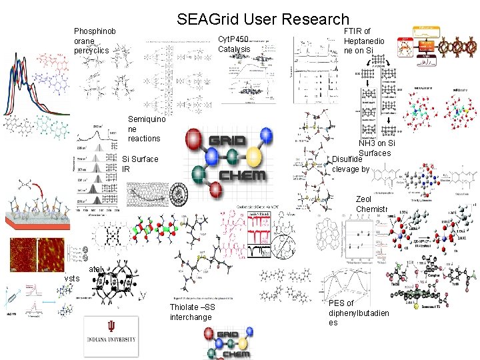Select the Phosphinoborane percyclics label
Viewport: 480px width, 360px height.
tap(95, 41)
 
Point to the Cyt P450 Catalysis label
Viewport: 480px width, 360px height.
tap(234, 44)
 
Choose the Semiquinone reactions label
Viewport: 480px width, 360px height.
tap(144, 129)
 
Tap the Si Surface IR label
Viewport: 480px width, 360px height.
tap(140, 164)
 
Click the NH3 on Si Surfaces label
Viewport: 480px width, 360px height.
tap(377, 148)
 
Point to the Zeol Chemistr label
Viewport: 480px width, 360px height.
tap(371, 205)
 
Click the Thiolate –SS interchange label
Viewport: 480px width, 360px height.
tap(192, 311)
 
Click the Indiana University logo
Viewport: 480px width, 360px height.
tap(110, 337)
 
